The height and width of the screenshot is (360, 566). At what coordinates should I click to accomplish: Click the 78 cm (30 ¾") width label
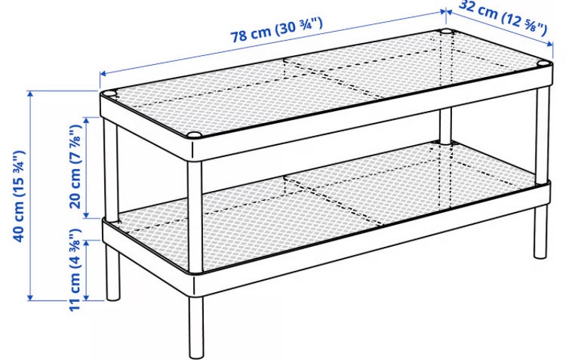276,29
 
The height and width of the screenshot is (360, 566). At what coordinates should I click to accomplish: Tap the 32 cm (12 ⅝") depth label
503,17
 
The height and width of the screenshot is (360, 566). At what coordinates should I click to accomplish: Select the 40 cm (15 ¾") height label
19,196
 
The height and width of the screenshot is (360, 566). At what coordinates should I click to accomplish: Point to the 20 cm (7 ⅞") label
75,167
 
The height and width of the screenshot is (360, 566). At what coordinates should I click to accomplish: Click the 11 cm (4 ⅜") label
75,269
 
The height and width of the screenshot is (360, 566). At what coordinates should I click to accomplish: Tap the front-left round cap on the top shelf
194,136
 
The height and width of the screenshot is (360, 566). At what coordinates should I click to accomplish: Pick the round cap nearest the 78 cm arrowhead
109,94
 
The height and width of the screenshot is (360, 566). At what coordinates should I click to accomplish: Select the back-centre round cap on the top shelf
446,32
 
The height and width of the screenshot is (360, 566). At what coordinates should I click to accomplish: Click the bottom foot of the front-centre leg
196,354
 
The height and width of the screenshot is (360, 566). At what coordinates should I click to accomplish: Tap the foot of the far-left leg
113,297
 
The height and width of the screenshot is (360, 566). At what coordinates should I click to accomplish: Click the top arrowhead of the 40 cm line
30,94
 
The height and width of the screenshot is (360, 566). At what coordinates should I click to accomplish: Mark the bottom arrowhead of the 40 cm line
30,297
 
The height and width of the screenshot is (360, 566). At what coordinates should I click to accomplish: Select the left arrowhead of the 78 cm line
103,74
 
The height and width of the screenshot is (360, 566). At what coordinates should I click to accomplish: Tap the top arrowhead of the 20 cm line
86,121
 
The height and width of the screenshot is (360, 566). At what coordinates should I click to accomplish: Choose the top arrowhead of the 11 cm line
86,244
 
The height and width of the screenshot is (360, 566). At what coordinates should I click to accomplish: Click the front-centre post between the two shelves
195,216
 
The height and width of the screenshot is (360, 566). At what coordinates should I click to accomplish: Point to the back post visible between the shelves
445,127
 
